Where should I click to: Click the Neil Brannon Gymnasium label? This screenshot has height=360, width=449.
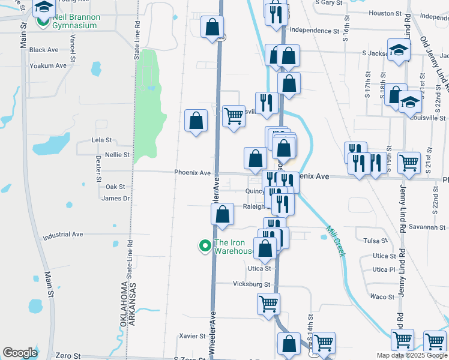(75, 21)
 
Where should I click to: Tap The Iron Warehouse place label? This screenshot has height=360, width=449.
(234, 247)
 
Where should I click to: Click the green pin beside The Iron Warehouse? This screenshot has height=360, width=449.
(205, 245)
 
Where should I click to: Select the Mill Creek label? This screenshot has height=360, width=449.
(336, 241)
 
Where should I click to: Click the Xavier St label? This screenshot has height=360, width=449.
(193, 337)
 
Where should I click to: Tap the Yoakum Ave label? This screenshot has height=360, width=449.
(47, 65)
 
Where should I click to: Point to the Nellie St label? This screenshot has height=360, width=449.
(118, 155)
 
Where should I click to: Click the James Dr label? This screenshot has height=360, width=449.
(116, 199)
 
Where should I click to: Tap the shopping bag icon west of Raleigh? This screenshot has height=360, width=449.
(222, 214)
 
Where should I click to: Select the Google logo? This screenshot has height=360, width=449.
(20, 353)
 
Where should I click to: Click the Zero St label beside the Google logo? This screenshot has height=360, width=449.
(67, 356)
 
